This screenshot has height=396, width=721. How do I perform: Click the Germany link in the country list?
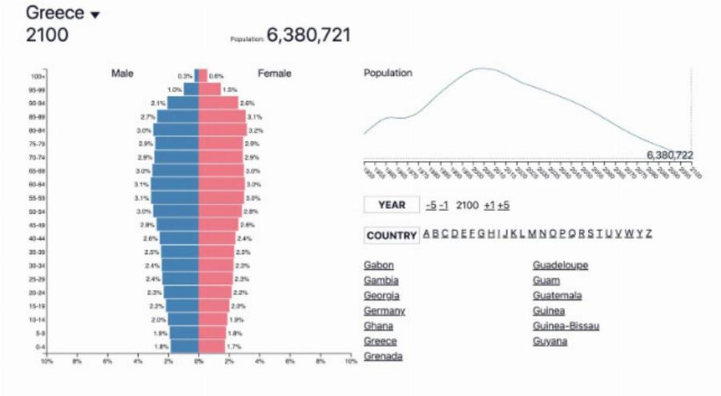(385, 311)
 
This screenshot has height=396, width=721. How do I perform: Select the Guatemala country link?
(557, 296)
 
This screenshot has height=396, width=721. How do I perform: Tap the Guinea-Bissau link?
(566, 326)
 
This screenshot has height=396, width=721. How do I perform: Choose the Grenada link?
(383, 357)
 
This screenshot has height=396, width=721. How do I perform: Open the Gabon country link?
(379, 265)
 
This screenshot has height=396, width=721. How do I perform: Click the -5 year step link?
(431, 205)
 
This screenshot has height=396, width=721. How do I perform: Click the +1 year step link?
(488, 205)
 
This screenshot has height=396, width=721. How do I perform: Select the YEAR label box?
(391, 205)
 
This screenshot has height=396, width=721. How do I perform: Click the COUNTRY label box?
(391, 236)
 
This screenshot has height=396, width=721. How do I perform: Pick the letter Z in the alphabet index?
(648, 234)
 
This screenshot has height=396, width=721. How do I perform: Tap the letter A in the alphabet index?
(426, 234)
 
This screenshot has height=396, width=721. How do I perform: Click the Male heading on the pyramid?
(123, 74)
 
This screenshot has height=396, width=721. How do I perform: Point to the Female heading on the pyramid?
(275, 74)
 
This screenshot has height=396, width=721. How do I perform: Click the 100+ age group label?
(37, 76)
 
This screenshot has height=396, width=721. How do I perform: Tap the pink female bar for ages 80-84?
(223, 130)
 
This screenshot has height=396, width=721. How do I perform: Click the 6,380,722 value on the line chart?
(670, 156)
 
